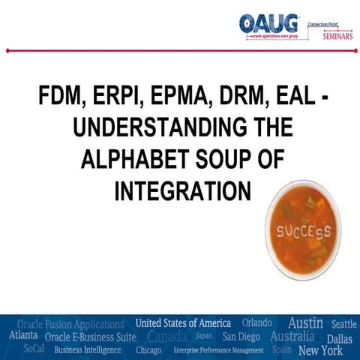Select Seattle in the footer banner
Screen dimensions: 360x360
click(x=343, y=324)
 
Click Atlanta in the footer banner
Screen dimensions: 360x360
click(x=24, y=337)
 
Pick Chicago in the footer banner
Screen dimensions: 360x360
click(x=148, y=350)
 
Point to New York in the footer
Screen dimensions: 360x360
click(x=320, y=350)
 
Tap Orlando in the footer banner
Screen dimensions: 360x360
click(x=256, y=323)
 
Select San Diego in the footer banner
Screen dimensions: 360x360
click(x=241, y=337)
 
